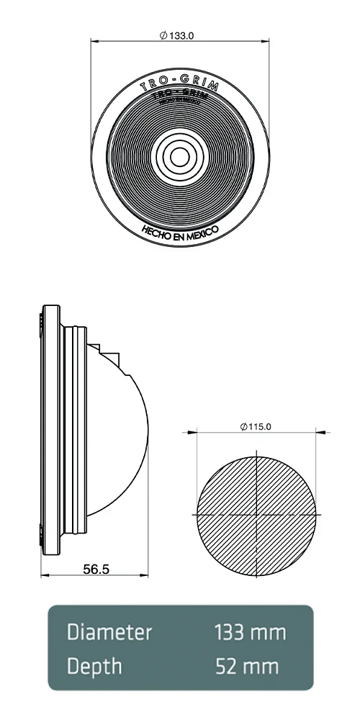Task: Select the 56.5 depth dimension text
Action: point(96,569)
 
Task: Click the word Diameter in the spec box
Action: point(109,633)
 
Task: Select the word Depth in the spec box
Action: point(94,666)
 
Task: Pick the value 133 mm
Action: point(250,633)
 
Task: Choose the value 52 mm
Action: point(247,666)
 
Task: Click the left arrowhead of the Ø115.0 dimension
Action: point(194,433)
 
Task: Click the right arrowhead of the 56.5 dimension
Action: point(145,576)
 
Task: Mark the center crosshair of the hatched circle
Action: point(256,516)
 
